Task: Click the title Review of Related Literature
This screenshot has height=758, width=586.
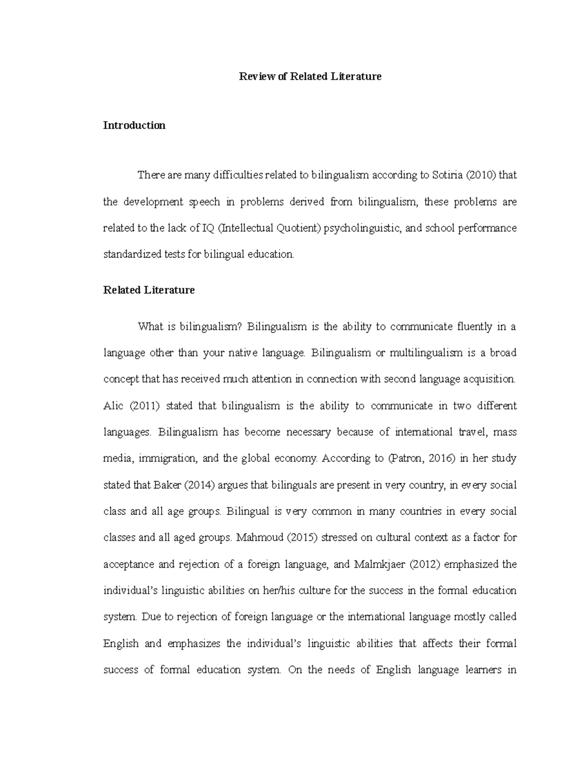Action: point(310,76)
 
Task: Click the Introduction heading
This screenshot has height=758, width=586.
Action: point(134,125)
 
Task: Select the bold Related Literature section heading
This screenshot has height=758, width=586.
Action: point(149,290)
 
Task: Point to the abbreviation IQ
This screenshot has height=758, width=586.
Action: point(208,228)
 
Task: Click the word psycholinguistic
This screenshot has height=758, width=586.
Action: point(362,228)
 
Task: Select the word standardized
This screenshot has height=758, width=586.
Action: point(127,254)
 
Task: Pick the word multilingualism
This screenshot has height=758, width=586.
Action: point(426,353)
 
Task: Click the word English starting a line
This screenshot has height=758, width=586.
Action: point(121,644)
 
